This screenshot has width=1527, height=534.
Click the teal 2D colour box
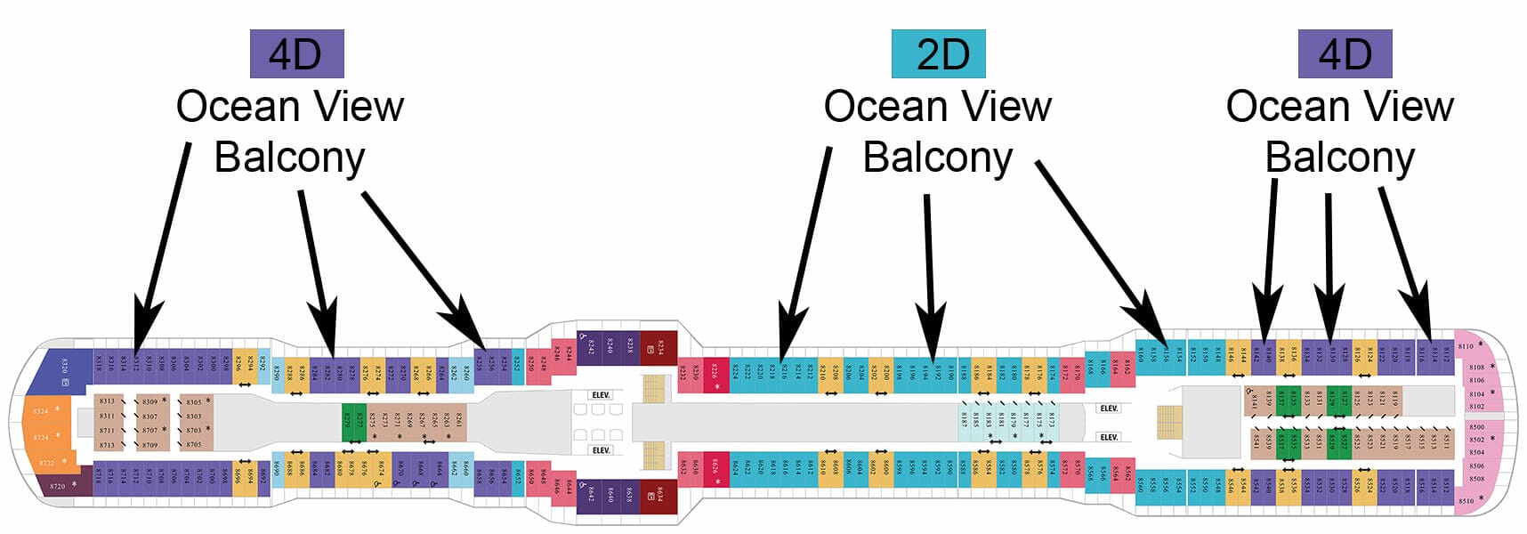point(938,53)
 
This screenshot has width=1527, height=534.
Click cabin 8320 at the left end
point(64,369)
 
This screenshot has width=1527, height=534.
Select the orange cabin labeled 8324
point(41,411)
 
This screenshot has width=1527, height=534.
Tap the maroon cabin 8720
point(57,486)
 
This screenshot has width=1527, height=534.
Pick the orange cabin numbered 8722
point(46,463)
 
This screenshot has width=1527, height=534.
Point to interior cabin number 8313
point(107,401)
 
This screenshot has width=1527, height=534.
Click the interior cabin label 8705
point(194,444)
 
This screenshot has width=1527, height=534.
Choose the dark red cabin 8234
point(659,347)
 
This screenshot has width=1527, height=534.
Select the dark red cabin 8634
point(659,493)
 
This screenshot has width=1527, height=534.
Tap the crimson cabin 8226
point(715,371)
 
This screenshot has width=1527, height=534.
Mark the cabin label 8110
point(1465,346)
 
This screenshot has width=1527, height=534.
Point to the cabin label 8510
point(1465,501)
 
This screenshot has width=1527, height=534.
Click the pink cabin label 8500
point(1476,427)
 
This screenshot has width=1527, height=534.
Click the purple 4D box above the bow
point(1345,53)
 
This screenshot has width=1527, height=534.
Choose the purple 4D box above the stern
point(296,53)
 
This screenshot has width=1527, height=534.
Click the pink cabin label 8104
point(1476,393)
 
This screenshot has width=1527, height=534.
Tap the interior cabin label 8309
point(149,401)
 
